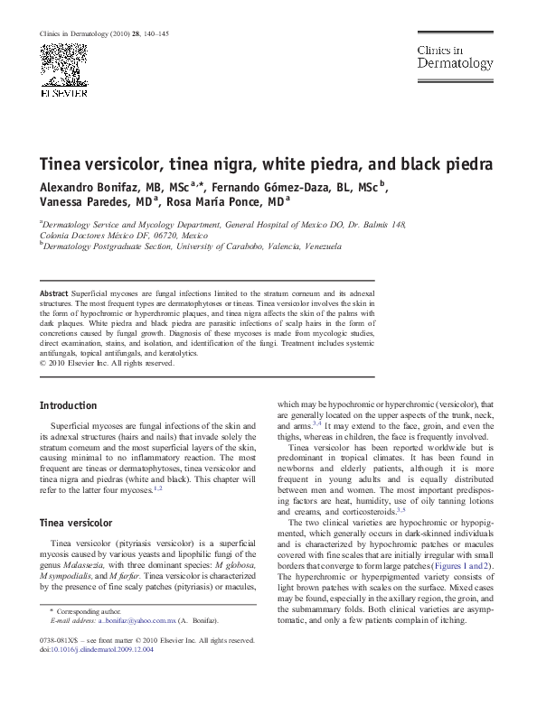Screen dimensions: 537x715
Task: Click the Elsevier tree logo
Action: click(x=62, y=64)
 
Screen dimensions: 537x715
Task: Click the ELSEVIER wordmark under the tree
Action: click(x=62, y=91)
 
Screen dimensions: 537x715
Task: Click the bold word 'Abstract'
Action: click(x=58, y=295)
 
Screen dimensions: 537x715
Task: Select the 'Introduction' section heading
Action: click(x=69, y=406)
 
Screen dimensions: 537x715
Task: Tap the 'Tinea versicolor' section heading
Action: click(x=76, y=523)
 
